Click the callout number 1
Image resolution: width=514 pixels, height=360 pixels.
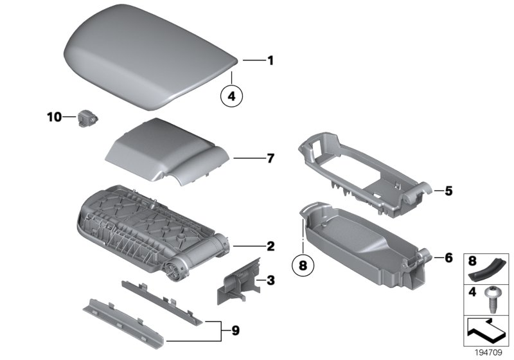pyautogui.click(x=270, y=61)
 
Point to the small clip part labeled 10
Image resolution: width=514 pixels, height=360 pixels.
pyautogui.click(x=86, y=118)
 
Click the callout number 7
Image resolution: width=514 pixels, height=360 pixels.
pyautogui.click(x=270, y=157)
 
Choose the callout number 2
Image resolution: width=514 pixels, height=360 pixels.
pyautogui.click(x=270, y=246)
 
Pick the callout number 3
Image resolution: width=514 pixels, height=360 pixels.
pyautogui.click(x=270, y=280)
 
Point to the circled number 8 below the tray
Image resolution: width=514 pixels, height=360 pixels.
pyautogui.click(x=302, y=264)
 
